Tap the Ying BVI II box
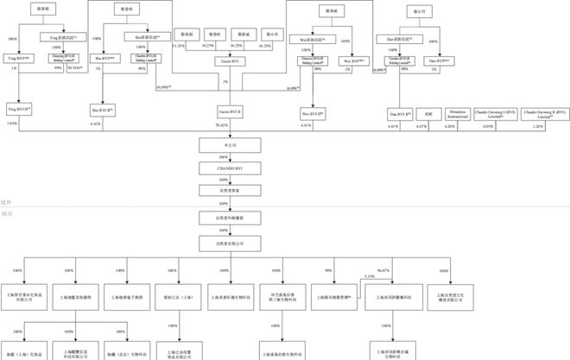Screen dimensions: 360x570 [18, 110]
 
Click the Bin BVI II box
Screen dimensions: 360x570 [103, 110]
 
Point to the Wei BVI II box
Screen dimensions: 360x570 [312, 112]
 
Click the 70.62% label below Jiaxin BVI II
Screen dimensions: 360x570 [222, 125]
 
